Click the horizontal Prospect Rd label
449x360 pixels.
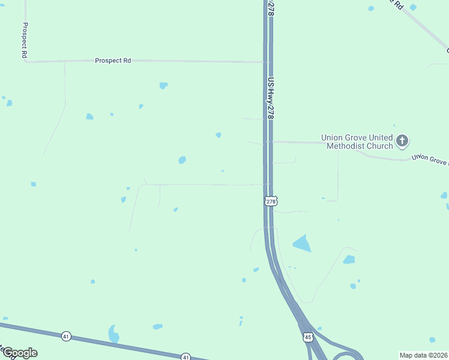[x=113, y=61]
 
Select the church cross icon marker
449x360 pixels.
[x=402, y=142]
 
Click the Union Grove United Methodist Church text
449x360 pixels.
[x=357, y=142]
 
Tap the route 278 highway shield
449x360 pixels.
[x=271, y=201]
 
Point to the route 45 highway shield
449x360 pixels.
[x=308, y=337]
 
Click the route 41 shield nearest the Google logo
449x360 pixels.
[x=66, y=336]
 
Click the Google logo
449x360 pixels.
[x=19, y=353]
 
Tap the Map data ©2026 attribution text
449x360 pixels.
[x=423, y=355]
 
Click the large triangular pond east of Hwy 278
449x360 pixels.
[x=303, y=244]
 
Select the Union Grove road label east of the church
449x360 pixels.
[x=429, y=160]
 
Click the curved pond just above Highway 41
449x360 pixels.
[x=113, y=333]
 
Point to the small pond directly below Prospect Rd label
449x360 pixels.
[x=163, y=85]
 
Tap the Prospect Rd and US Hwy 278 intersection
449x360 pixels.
[x=267, y=62]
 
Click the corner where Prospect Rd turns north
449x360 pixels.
[x=26, y=61]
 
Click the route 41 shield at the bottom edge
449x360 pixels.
[x=186, y=356]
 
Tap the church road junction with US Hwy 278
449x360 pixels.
[x=267, y=142]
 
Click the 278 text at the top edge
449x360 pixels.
[x=271, y=8]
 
